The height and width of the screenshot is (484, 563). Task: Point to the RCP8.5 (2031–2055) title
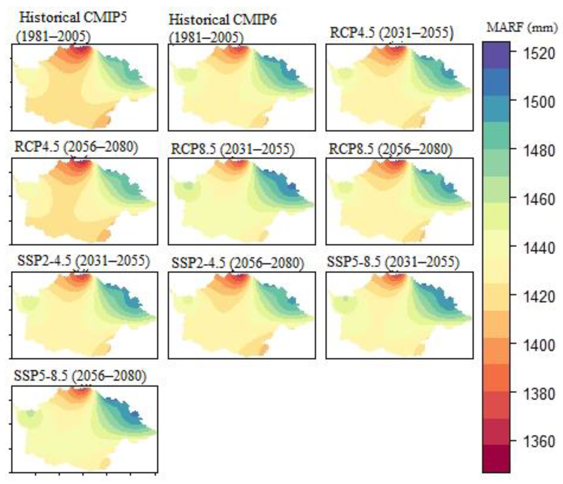(x=233, y=149)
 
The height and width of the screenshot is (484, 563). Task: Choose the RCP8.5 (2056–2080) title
(x=390, y=149)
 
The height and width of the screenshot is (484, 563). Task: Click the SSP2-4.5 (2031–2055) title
(x=83, y=261)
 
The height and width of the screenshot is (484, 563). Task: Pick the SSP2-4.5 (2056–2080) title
(x=238, y=263)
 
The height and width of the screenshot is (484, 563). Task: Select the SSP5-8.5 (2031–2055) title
(x=393, y=262)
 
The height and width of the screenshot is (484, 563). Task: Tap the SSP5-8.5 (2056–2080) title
(x=80, y=376)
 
